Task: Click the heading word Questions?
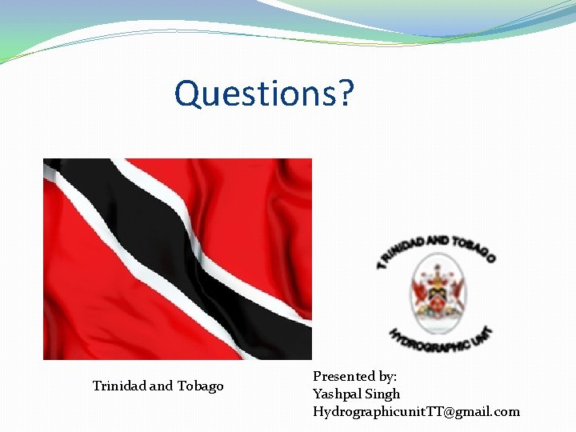264,93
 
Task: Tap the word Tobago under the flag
200,386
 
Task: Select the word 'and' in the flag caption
162,386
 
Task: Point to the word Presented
344,376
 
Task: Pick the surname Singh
382,394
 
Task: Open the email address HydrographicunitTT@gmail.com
416,412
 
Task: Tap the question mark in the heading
345,93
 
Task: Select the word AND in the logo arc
437,241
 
